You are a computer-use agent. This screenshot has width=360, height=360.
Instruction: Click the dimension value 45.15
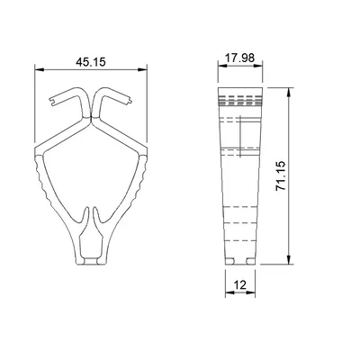pos(90,63)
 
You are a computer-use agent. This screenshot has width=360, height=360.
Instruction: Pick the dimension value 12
pos(238,285)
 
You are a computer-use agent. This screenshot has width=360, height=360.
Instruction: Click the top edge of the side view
pos(238,90)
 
